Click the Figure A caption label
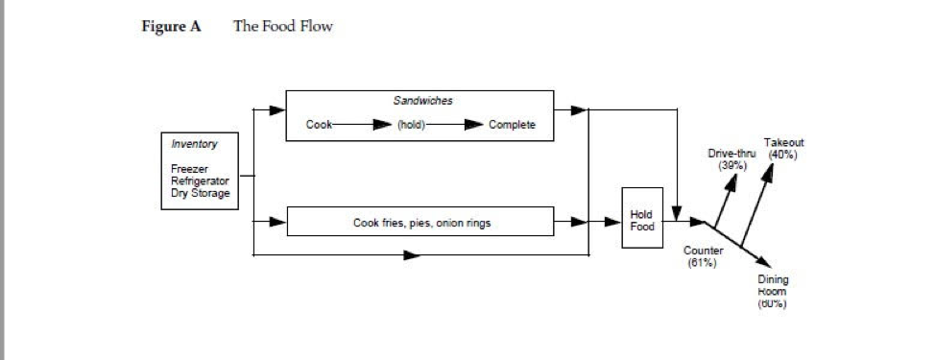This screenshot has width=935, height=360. [x=171, y=27]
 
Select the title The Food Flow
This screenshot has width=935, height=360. [x=282, y=27]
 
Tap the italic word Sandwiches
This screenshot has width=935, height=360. [x=422, y=100]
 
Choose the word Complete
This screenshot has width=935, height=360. [x=512, y=125]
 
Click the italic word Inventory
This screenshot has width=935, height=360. [x=194, y=144]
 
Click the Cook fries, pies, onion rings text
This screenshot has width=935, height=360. [x=420, y=224]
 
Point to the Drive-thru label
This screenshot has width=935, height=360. [x=732, y=155]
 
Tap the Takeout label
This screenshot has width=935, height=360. [x=783, y=143]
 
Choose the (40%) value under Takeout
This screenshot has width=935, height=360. [x=783, y=155]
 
